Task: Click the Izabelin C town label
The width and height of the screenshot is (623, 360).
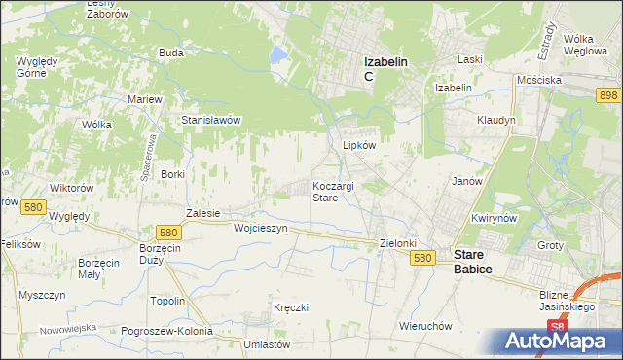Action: [x=385, y=68]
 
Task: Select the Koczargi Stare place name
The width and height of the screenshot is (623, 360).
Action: [x=338, y=191]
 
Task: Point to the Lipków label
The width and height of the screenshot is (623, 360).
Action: [x=359, y=144]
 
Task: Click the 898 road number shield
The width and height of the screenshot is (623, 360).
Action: [x=608, y=93]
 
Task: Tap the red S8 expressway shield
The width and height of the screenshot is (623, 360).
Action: [x=556, y=327]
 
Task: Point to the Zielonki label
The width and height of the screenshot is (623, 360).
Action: [x=397, y=244]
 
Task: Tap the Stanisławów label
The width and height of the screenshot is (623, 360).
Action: [x=211, y=120]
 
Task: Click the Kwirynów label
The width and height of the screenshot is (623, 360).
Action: [x=493, y=219]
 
